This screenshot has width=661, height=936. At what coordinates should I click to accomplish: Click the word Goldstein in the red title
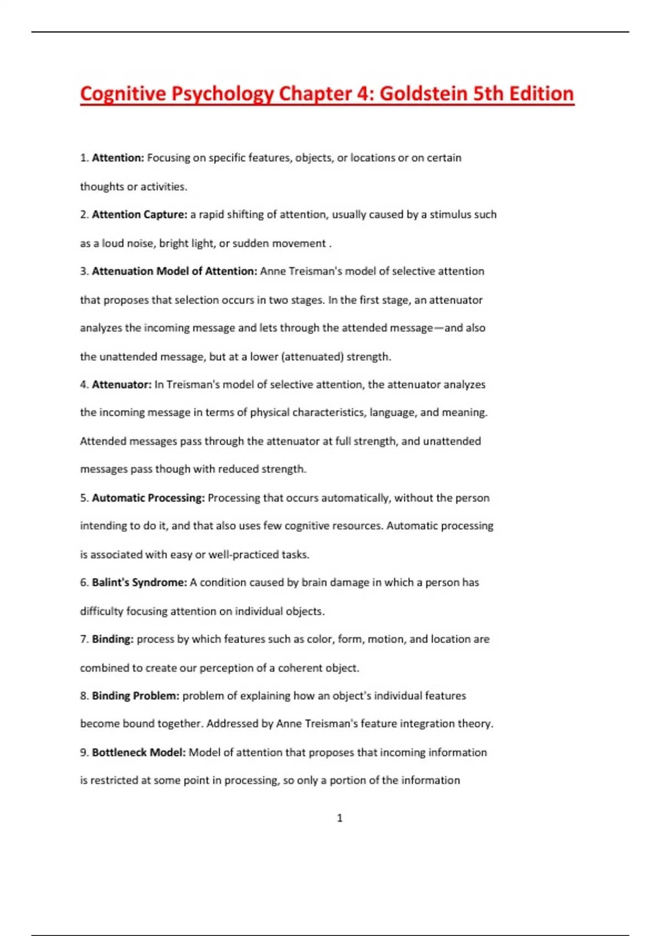coord(423,94)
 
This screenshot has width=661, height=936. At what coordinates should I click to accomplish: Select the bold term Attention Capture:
coord(140,215)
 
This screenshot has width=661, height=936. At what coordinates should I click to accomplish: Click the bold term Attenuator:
coord(122,384)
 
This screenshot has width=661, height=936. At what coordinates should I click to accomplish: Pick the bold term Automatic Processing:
coord(148,498)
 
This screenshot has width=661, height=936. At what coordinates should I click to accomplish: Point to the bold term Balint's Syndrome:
coord(139,583)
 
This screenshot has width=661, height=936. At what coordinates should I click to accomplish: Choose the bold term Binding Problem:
coord(136,696)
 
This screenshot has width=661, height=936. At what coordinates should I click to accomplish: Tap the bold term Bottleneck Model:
coord(139,753)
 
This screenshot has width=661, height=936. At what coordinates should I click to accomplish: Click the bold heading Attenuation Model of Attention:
coord(175,271)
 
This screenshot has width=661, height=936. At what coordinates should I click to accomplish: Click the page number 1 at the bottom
coord(339,818)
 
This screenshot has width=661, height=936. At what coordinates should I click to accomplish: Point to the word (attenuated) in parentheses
coord(312,357)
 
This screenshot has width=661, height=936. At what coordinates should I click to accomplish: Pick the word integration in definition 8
coord(427,723)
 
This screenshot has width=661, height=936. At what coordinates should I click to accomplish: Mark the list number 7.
coord(84,639)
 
